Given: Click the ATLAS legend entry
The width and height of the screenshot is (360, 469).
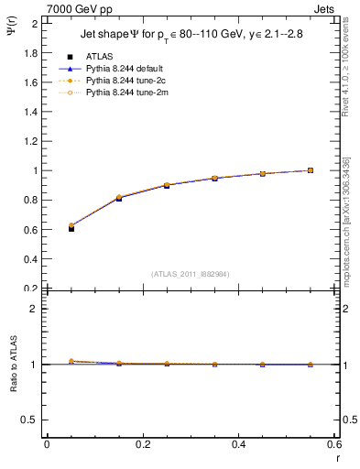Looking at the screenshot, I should click(98, 57).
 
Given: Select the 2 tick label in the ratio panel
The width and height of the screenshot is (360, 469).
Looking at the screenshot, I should click(35, 309).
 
